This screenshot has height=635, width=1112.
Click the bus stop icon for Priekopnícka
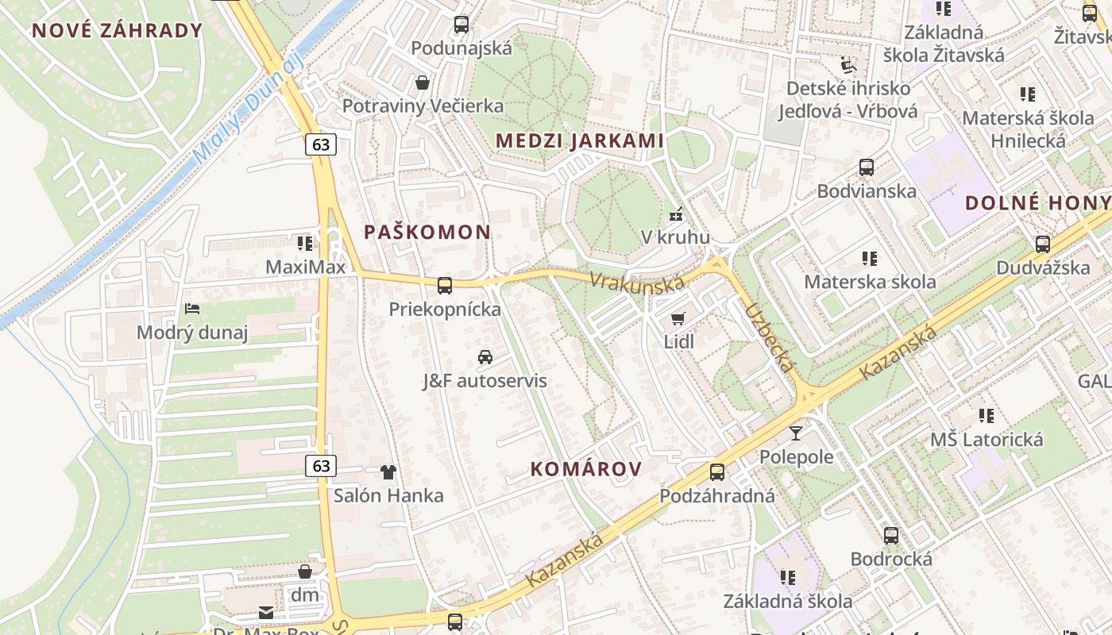(445, 286)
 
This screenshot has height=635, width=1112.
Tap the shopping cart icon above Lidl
(678, 318)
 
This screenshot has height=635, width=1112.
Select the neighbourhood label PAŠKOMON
(427, 232)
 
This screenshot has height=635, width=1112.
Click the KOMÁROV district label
(586, 469)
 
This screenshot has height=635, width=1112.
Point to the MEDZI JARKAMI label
(580, 140)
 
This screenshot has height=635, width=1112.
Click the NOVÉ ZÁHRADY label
(118, 31)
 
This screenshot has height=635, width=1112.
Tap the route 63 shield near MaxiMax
(321, 144)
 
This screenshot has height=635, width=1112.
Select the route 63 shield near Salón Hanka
(321, 465)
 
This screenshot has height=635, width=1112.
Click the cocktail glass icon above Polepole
(796, 433)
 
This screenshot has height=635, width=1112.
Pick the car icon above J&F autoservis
(485, 357)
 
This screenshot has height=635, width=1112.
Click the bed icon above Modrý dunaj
(191, 309)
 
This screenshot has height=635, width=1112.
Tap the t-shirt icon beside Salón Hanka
(388, 472)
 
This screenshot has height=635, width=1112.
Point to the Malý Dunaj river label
(249, 109)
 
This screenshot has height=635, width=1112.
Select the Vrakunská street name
(636, 283)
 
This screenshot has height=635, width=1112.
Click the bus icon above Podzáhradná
(717, 472)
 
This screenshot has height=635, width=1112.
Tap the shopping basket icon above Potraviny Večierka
(423, 83)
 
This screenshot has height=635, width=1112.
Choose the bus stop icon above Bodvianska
(867, 167)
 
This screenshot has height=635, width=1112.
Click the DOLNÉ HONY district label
(1037, 202)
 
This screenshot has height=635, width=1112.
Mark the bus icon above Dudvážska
(1043, 244)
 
